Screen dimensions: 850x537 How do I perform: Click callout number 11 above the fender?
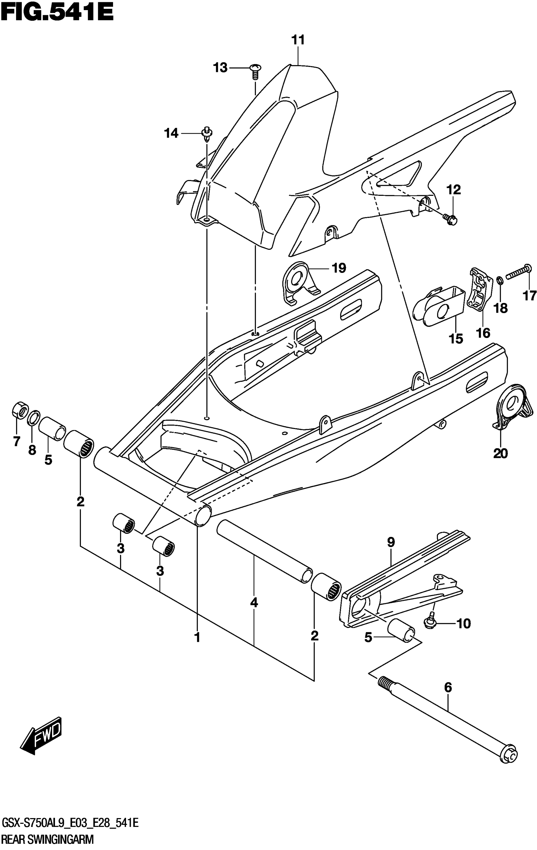298,40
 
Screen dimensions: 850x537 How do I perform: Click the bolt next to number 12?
450,220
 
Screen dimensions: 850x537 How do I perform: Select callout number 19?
339,268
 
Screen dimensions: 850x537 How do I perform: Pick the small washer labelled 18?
500,281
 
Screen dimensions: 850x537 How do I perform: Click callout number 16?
483,332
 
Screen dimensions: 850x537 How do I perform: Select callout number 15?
456,339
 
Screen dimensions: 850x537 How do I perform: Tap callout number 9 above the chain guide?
391,542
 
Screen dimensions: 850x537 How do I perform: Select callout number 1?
197,637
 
